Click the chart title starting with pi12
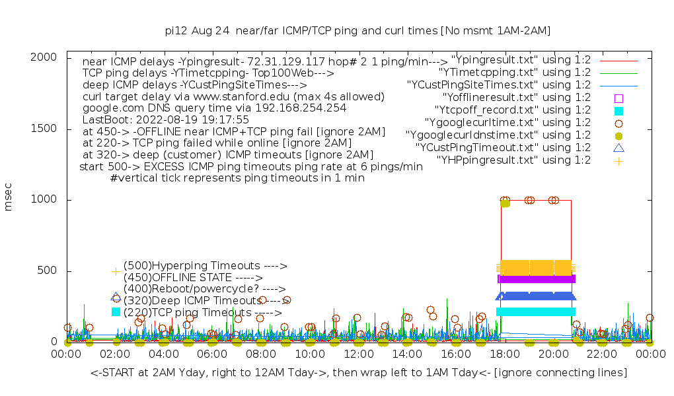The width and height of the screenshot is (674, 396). (x=357, y=30)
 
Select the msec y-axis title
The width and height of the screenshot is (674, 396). (x=9, y=199)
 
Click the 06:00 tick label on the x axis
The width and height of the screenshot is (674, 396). (x=213, y=354)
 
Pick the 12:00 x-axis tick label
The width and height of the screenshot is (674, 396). (x=359, y=354)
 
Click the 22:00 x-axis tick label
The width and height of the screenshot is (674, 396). (x=602, y=354)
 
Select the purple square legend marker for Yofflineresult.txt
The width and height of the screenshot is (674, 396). (x=618, y=98)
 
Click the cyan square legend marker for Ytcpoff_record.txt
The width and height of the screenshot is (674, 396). (x=618, y=110)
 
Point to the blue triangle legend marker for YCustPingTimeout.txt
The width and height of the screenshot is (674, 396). (x=618, y=148)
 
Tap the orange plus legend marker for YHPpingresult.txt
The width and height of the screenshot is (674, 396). (x=618, y=160)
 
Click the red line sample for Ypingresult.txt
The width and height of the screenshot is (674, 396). (x=618, y=60)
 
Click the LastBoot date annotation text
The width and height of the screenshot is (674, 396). (x=166, y=120)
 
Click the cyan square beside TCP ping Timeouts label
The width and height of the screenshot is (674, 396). (x=116, y=312)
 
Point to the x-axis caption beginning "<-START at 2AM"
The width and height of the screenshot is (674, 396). (x=359, y=373)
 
